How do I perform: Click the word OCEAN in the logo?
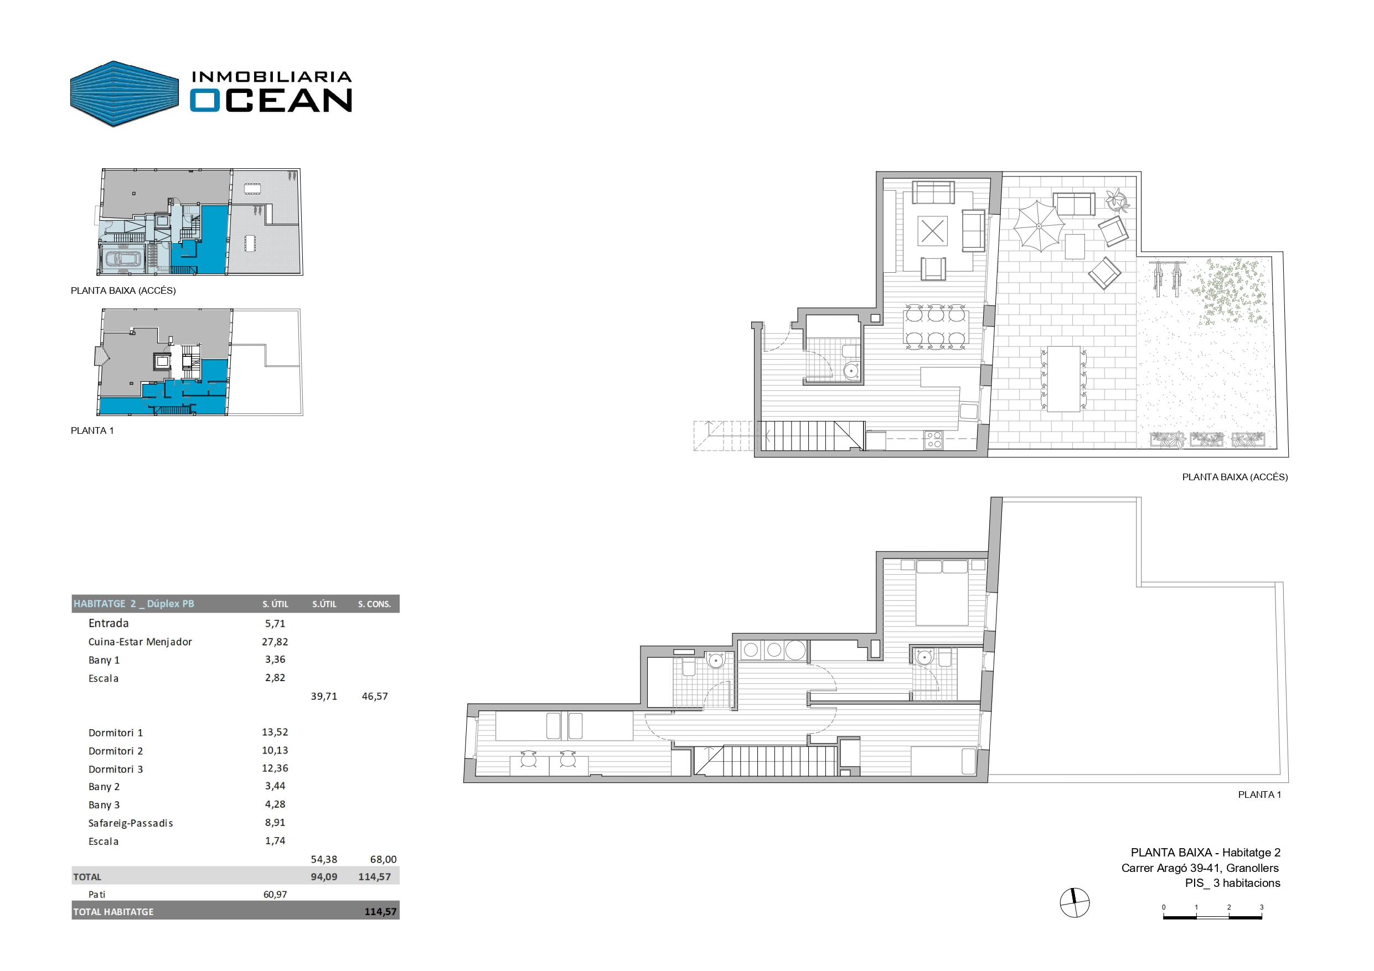click(x=271, y=101)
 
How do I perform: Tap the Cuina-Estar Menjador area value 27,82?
click(x=275, y=642)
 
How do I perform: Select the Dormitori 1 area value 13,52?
click(x=275, y=733)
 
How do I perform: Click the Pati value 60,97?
click(x=275, y=895)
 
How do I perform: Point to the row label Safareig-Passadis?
click(x=131, y=823)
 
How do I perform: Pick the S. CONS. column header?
click(x=375, y=604)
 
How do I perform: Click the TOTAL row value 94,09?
click(x=324, y=877)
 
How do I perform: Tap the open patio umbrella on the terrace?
click(x=1039, y=226)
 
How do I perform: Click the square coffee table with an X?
click(x=932, y=231)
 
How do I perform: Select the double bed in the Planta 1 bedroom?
click(x=942, y=593)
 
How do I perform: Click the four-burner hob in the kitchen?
click(x=933, y=440)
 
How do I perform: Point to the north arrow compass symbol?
click(x=1075, y=904)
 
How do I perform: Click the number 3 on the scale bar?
click(x=1262, y=907)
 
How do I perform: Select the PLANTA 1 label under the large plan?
click(x=1260, y=795)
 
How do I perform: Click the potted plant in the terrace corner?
click(x=1117, y=199)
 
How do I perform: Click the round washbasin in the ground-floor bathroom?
click(x=851, y=371)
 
